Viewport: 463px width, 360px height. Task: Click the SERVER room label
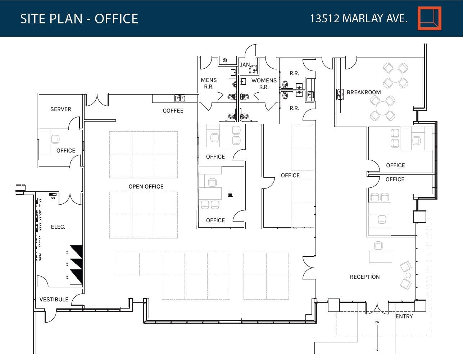pyautogui.click(x=60, y=109)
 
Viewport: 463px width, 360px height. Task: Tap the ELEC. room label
pyautogui.click(x=58, y=227)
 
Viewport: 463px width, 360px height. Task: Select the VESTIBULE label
pyautogui.click(x=54, y=300)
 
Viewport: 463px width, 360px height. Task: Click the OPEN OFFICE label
pyautogui.click(x=146, y=187)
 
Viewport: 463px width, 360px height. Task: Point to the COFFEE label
pyautogui.click(x=173, y=111)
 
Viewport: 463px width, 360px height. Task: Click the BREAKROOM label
pyautogui.click(x=364, y=92)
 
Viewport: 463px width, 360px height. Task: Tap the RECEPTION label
pyautogui.click(x=365, y=277)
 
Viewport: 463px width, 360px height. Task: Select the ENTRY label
pyautogui.click(x=404, y=316)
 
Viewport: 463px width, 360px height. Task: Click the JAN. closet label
pyautogui.click(x=245, y=65)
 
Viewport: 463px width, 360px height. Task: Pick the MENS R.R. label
pyautogui.click(x=209, y=83)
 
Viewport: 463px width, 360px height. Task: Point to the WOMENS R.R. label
pyautogui.click(x=264, y=83)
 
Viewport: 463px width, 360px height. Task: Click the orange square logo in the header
pyautogui.click(x=429, y=18)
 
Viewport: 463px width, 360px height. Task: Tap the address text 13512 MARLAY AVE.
pyautogui.click(x=359, y=18)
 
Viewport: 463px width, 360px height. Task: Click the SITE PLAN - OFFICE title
pyautogui.click(x=79, y=19)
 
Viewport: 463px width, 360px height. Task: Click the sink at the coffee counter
pyautogui.click(x=180, y=98)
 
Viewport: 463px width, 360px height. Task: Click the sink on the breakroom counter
pyautogui.click(x=340, y=95)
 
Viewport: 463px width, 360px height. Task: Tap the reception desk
pyautogui.click(x=381, y=256)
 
